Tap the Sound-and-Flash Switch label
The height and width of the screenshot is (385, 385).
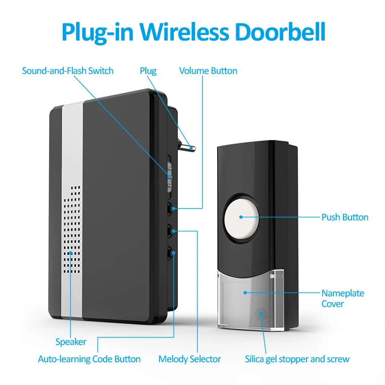(67, 71)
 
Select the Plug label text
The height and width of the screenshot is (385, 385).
(148, 71)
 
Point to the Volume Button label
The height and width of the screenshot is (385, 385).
(208, 71)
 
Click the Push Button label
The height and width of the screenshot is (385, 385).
(344, 217)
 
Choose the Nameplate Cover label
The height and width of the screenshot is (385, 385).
(342, 298)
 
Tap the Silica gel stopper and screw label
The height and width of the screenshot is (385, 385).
(297, 359)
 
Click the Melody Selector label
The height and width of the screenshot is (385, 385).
(189, 359)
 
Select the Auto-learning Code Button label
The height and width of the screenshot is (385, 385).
(89, 359)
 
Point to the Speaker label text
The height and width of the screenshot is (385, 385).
(70, 342)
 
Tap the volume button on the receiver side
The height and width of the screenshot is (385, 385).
(172, 208)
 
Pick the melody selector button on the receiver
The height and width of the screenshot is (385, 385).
(172, 230)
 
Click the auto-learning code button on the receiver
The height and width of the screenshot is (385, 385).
(172, 252)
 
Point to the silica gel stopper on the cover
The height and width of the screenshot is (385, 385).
(261, 314)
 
